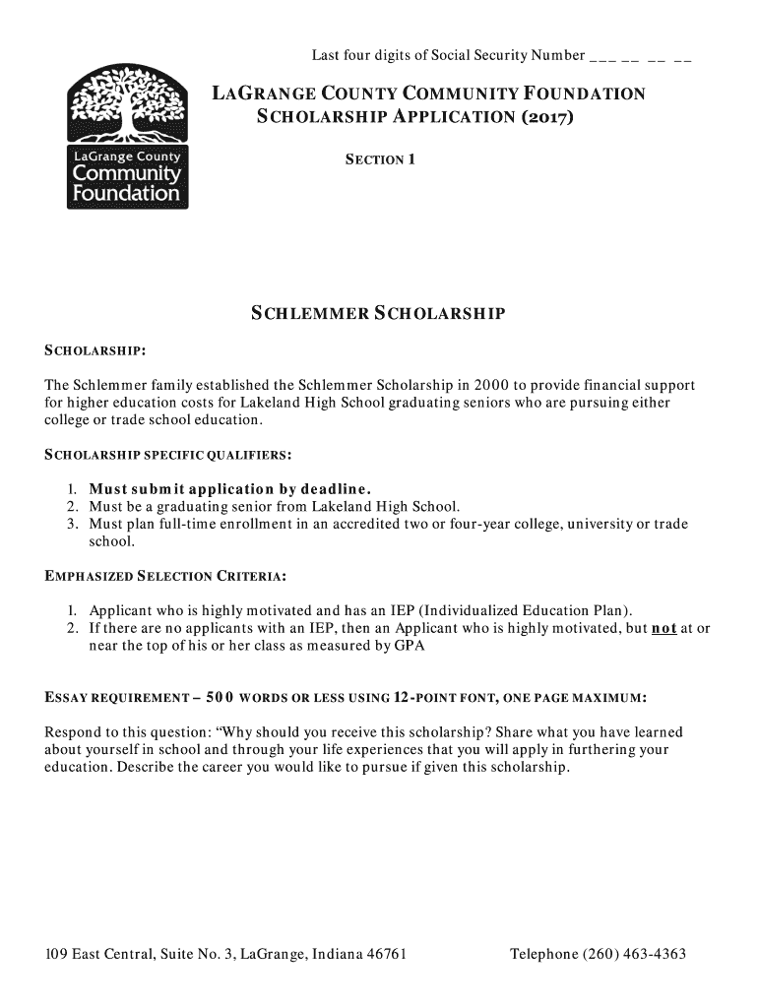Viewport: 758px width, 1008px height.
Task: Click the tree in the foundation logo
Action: (126, 103)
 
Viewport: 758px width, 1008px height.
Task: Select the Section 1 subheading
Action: (379, 158)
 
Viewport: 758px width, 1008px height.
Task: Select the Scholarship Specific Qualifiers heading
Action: (168, 455)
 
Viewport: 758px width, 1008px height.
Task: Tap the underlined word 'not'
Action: (663, 628)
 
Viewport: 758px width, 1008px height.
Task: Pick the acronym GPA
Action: (409, 646)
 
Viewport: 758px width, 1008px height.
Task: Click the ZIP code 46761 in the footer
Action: (384, 955)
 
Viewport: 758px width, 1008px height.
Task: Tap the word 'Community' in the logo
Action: (125, 174)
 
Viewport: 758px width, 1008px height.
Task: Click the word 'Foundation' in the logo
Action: (125, 194)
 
